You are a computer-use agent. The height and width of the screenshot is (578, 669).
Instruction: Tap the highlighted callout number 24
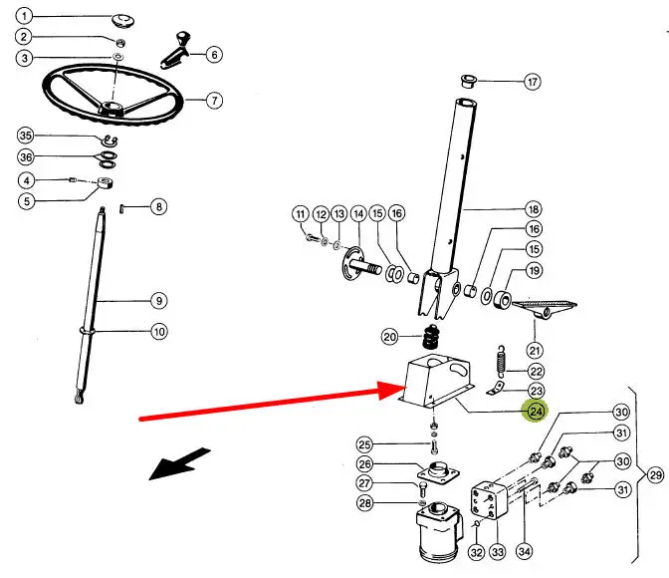(536, 409)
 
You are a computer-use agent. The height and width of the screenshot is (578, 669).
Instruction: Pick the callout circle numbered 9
(159, 300)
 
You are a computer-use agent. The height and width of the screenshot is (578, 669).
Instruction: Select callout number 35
(26, 136)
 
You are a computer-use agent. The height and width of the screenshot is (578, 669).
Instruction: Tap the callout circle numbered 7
(214, 100)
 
